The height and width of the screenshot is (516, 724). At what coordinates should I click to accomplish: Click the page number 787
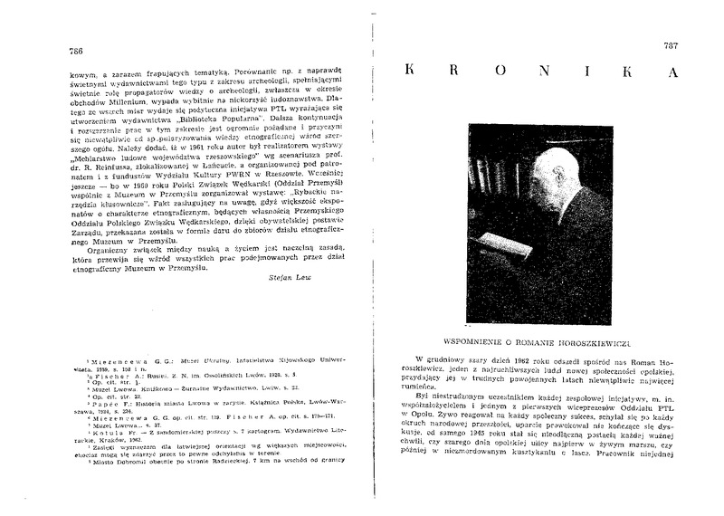672,46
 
